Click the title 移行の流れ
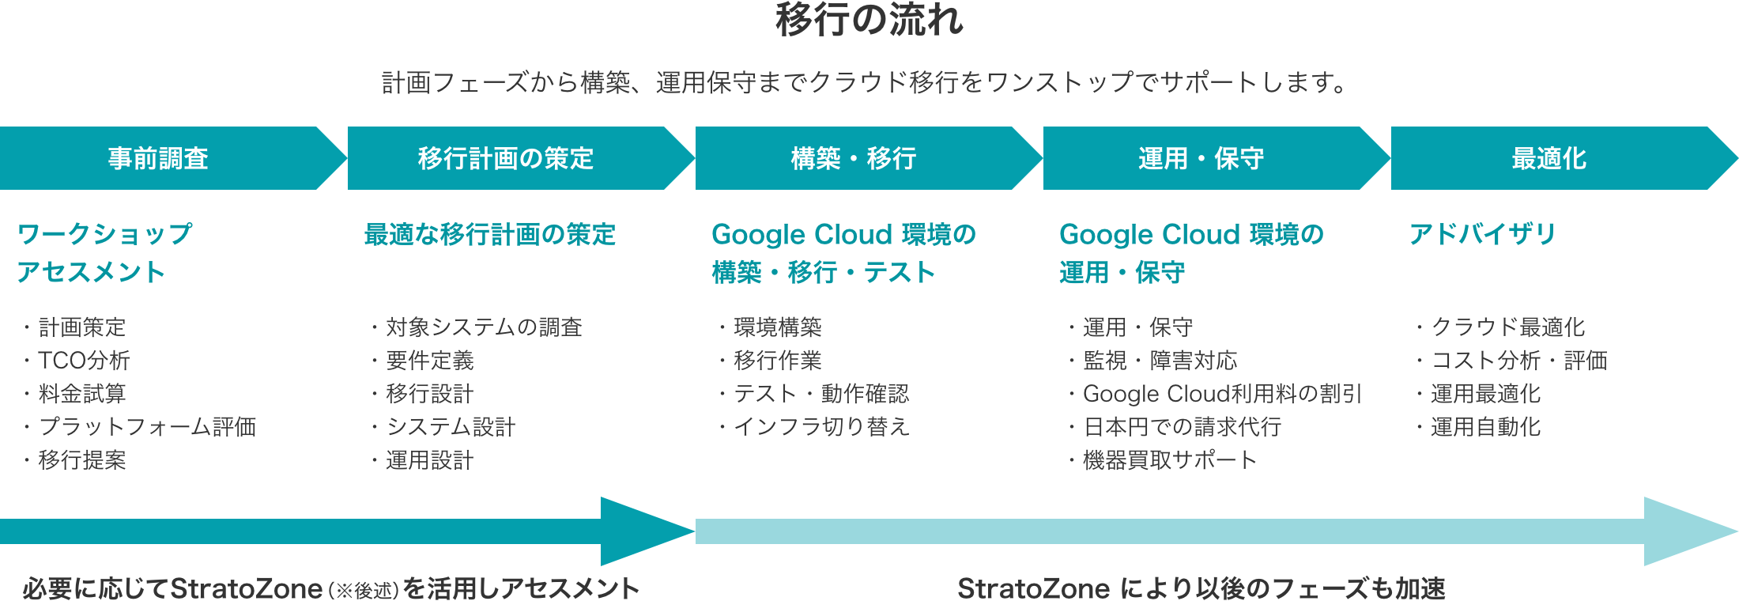click(x=869, y=21)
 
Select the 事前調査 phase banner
click(x=158, y=158)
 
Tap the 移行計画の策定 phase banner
click(x=506, y=158)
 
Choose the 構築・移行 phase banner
click(x=854, y=158)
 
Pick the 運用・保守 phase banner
click(x=1201, y=158)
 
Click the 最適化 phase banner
click(x=1549, y=158)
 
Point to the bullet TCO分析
click(x=84, y=361)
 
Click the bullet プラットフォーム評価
click(x=147, y=427)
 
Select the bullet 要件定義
click(x=430, y=361)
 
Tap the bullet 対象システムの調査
click(x=484, y=327)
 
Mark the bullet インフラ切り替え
click(x=822, y=427)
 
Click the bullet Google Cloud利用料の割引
click(x=1222, y=394)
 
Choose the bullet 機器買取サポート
click(x=1170, y=460)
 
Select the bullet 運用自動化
click(x=1486, y=427)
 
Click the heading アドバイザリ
click(x=1483, y=234)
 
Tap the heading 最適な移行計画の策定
click(x=490, y=234)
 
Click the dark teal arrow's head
click(x=640, y=531)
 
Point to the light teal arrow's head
click(x=1684, y=531)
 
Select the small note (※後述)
click(x=364, y=590)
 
